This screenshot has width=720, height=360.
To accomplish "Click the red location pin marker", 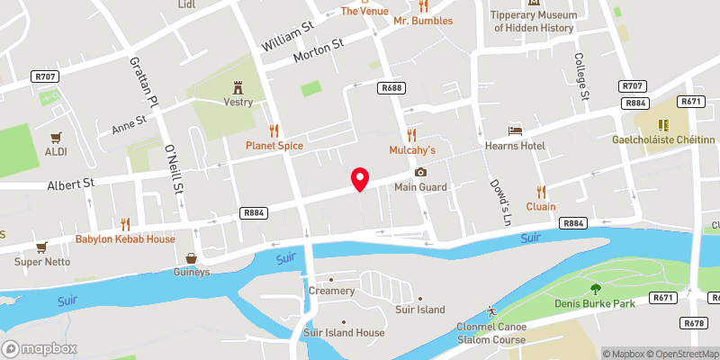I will coord(360,179).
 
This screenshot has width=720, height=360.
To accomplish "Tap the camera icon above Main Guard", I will coord(419,173).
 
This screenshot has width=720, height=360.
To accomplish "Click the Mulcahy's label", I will coord(411,149).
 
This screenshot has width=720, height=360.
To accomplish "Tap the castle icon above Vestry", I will coord(238,87).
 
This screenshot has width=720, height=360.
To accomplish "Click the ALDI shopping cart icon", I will coord(56,137).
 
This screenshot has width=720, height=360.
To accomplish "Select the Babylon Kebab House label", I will coord(125,239).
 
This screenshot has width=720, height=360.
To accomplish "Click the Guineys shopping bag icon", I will coord(191,257).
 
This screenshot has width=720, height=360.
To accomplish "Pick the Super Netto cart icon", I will coord(40,246).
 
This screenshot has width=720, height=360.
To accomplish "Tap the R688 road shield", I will coord(391,87).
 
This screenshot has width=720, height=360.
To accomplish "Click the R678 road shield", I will coord(693,322).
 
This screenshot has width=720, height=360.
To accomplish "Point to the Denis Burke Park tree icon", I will coord(595,288).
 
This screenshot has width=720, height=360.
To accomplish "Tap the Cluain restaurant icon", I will coord(541,191).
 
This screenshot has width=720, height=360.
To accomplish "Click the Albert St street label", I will coord(70,184).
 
